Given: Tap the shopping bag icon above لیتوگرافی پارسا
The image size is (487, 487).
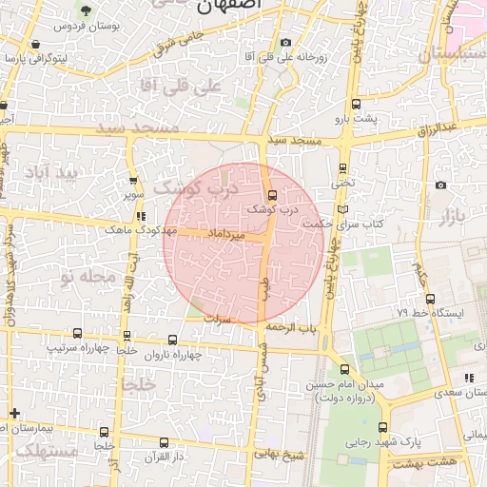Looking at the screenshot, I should click(35, 44).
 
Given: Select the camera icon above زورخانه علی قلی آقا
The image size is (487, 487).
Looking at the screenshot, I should click(286, 42).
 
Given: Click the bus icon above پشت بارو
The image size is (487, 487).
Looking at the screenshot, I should click(356, 104).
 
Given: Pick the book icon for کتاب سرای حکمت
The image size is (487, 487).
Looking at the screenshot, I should click(342, 209).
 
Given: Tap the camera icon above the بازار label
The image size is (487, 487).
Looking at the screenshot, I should click(440, 185).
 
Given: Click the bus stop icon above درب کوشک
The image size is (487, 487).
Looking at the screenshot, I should click(273, 195).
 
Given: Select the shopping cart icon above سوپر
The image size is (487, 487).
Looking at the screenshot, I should click(132, 180).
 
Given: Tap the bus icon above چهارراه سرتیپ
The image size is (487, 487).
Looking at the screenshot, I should click(77, 334).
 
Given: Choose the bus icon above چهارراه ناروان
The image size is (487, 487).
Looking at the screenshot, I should click(172, 340).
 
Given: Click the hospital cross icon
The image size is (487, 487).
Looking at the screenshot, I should click(13, 413).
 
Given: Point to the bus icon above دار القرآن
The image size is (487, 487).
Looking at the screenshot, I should click(164, 442).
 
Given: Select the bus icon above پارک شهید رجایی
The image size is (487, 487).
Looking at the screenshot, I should click(382, 427).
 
